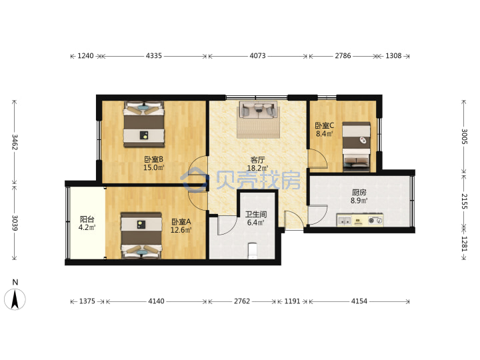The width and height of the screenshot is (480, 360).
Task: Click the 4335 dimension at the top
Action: [x=154, y=56]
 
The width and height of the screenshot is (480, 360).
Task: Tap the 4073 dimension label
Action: [x=257, y=56]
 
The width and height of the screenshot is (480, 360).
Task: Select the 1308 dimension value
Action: [x=393, y=56]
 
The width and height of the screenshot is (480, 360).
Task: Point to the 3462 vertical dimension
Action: [x=15, y=142]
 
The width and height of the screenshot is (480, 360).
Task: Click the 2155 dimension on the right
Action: [x=464, y=201]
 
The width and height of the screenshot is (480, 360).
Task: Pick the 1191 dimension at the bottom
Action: [x=293, y=301]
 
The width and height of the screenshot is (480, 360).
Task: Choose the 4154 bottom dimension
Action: [x=359, y=301]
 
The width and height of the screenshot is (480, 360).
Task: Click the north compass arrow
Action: [x=15, y=299]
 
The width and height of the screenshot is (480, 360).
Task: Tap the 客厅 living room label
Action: [x=257, y=160]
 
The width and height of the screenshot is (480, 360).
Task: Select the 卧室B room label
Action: [x=154, y=159]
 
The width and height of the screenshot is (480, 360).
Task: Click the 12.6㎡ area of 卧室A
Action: [x=181, y=230]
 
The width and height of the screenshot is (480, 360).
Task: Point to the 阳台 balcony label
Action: [x=87, y=219]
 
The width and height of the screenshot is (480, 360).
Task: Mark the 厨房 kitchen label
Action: [x=359, y=193]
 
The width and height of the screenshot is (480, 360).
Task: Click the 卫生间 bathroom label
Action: [x=256, y=214]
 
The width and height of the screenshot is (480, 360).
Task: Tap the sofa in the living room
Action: [x=259, y=110]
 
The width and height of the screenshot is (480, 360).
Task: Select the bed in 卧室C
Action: [x=356, y=147]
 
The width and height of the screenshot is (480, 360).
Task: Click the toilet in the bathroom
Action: [x=252, y=251]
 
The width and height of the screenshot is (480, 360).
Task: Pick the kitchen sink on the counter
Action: [x=345, y=221]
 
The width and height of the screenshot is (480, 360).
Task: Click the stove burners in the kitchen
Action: [x=375, y=220]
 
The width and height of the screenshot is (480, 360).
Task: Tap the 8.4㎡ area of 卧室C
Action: [x=325, y=134]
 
